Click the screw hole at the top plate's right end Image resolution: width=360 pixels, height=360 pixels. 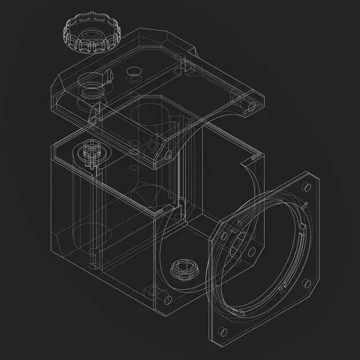tap(251, 106)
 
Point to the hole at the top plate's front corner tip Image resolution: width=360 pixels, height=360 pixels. tap(168, 155)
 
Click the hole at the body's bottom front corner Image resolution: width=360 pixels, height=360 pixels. tap(168, 299)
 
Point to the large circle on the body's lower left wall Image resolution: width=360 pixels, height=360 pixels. tap(86, 236)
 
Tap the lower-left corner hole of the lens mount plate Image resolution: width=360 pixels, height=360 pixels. tap(222, 331)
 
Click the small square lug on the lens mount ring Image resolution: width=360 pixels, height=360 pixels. tap(300, 230)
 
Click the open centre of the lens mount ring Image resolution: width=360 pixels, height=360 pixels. tap(265, 259)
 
